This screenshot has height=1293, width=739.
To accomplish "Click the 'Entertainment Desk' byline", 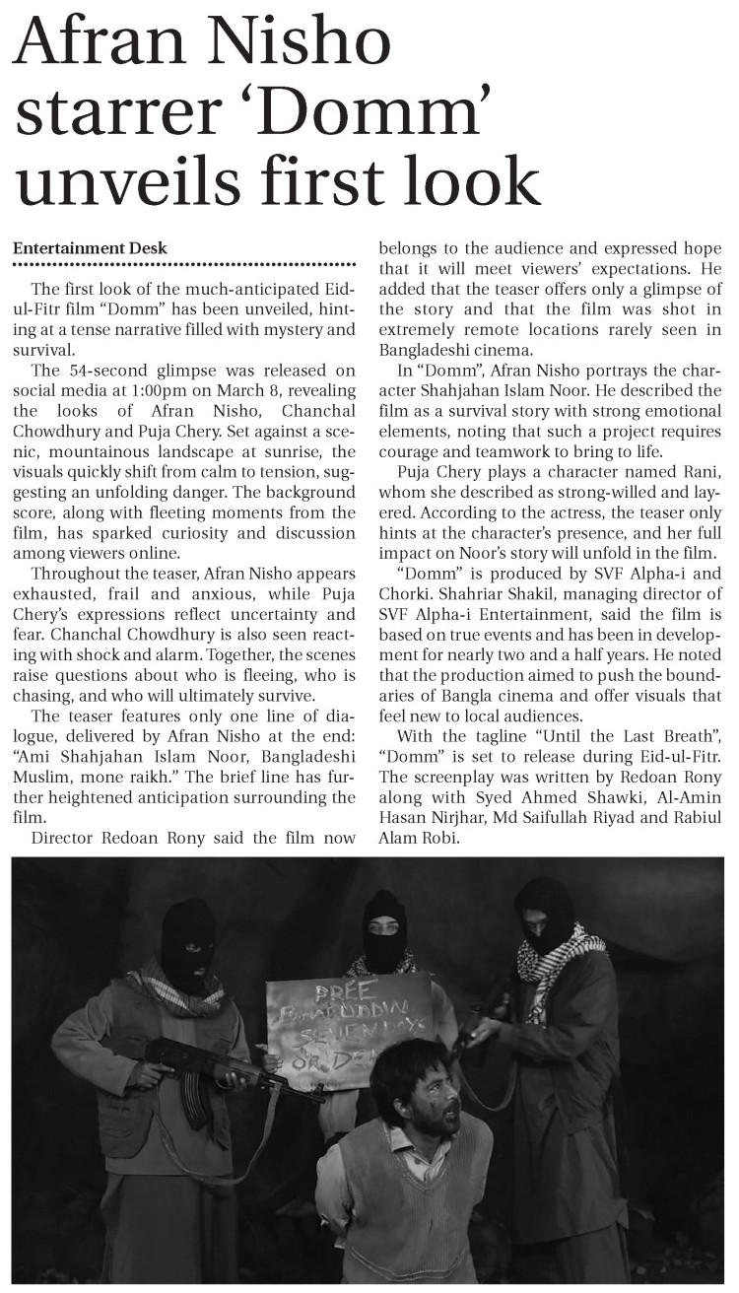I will (90, 248).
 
